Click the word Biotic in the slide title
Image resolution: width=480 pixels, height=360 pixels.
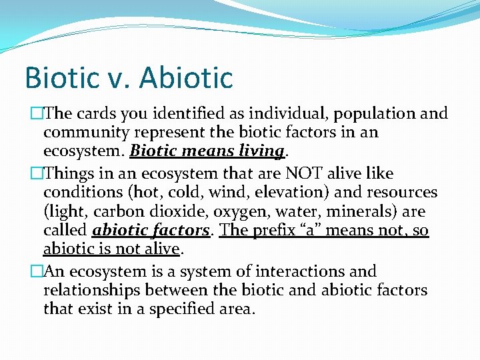[x=58, y=77]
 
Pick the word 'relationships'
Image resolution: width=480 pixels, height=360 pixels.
[x=91, y=291]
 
